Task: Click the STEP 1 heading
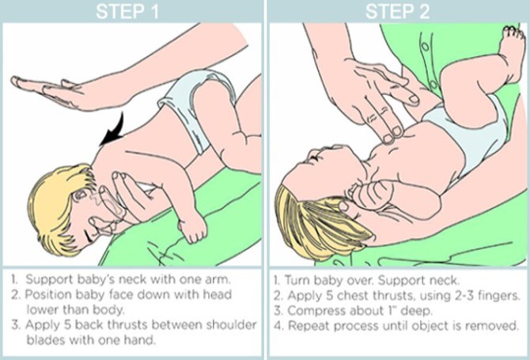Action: pyautogui.click(x=127, y=11)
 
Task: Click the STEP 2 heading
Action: pyautogui.click(x=397, y=11)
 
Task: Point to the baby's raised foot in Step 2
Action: pyautogui.click(x=512, y=51)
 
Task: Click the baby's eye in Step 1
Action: pyautogui.click(x=81, y=195)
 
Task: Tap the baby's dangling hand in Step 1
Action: pyautogui.click(x=193, y=230)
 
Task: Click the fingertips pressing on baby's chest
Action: pyautogui.click(x=393, y=135)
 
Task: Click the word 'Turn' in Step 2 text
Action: pyautogui.click(x=297, y=281)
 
